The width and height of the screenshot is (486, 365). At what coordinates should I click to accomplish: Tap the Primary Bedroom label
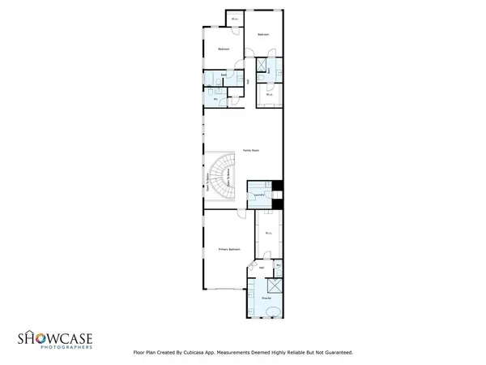(229, 249)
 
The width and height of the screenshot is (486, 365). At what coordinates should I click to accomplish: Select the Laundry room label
(258, 195)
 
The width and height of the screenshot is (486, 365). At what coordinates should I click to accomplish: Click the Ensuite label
(265, 298)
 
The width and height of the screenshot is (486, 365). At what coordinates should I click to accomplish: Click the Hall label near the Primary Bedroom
(262, 266)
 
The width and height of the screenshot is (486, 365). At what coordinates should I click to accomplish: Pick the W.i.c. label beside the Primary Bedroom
(267, 234)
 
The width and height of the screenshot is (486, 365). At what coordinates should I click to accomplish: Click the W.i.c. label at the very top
(235, 19)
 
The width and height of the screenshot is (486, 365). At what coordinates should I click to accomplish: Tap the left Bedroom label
(224, 50)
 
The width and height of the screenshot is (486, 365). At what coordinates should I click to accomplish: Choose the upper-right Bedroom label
(263, 34)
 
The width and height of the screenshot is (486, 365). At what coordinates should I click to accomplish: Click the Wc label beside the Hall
(278, 266)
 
